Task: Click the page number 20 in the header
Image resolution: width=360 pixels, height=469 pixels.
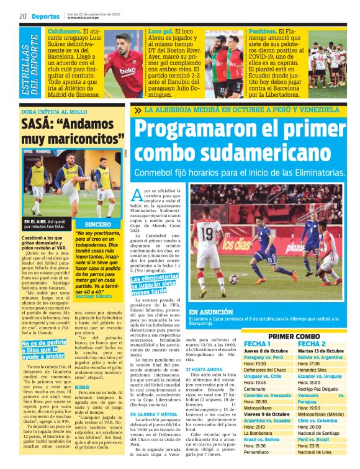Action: (x=22, y=16)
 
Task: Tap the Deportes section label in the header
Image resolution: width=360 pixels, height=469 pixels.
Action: (x=46, y=16)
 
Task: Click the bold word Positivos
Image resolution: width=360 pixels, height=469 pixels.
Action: (x=262, y=31)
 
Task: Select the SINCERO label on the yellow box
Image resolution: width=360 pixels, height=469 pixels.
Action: (x=98, y=224)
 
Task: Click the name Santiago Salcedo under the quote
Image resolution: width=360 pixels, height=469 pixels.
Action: (x=93, y=296)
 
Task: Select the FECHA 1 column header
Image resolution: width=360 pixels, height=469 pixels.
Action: (x=257, y=344)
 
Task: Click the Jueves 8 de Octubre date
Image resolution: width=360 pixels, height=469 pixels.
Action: (x=266, y=351)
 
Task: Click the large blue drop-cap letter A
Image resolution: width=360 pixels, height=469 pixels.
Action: (x=137, y=195)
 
